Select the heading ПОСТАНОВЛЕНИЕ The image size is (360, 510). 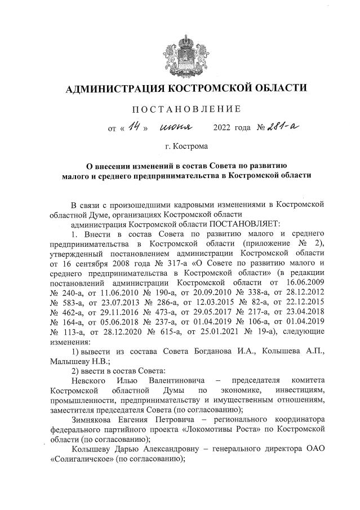coord(186,108)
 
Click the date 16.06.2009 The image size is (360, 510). coord(304,281)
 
